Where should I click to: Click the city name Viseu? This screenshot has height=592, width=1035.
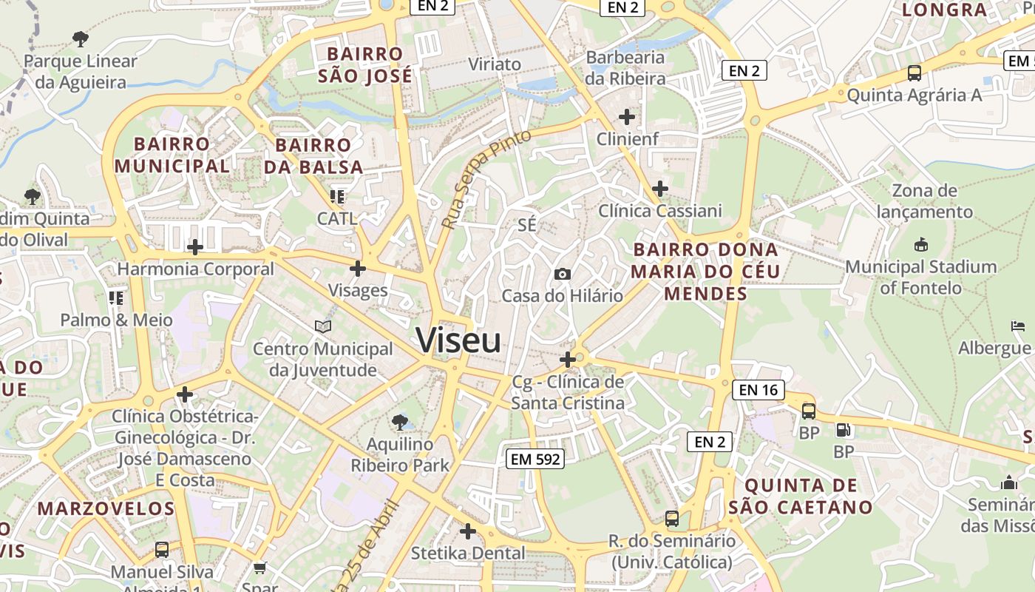tap(458, 340)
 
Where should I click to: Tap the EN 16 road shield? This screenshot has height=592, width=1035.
tap(759, 389)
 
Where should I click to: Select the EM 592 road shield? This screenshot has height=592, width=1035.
tap(536, 459)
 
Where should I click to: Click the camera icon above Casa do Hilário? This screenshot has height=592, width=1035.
tap(563, 275)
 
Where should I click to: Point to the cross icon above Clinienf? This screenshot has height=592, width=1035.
tap(627, 116)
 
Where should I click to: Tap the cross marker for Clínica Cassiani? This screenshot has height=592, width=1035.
tap(660, 189)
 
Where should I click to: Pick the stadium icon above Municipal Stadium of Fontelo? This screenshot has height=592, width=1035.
tap(921, 244)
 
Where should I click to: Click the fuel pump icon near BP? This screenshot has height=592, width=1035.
tap(843, 430)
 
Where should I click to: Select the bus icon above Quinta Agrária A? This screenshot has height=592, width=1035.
tap(914, 73)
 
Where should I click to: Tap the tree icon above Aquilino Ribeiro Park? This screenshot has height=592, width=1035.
tap(400, 423)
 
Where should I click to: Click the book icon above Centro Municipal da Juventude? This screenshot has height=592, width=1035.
tap(323, 326)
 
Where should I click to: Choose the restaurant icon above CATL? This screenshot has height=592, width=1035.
tap(337, 197)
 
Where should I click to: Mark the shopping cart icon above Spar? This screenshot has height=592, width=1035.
tap(259, 568)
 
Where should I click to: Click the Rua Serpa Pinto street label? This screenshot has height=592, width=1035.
tap(486, 179)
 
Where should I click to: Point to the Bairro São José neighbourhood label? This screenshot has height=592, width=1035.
tap(365, 65)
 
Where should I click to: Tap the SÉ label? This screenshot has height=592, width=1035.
tap(527, 225)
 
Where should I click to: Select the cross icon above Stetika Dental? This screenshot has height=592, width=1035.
tap(468, 531)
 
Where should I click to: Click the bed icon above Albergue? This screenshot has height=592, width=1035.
tap(1018, 326)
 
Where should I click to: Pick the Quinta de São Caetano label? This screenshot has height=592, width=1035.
tap(801, 497)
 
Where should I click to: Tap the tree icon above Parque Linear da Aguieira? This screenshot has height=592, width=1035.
tap(81, 38)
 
